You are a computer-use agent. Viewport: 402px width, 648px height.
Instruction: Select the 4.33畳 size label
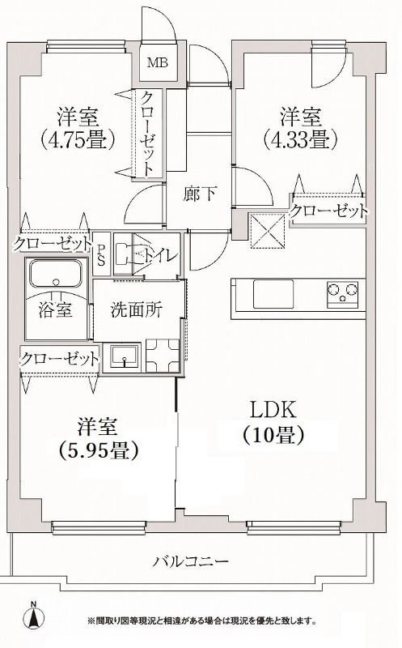(x=297, y=139)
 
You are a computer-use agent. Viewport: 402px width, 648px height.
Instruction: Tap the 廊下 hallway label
(x=197, y=195)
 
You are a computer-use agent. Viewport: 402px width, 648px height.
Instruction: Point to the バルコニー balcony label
(x=192, y=561)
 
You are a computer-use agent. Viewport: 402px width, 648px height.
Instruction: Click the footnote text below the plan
(x=202, y=621)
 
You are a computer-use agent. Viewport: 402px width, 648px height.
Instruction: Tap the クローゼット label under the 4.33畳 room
(x=328, y=211)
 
